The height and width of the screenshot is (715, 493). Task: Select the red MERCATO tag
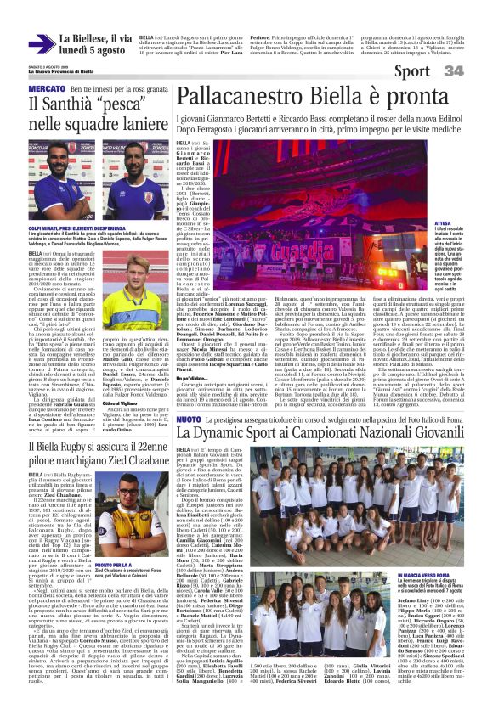click(47, 89)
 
